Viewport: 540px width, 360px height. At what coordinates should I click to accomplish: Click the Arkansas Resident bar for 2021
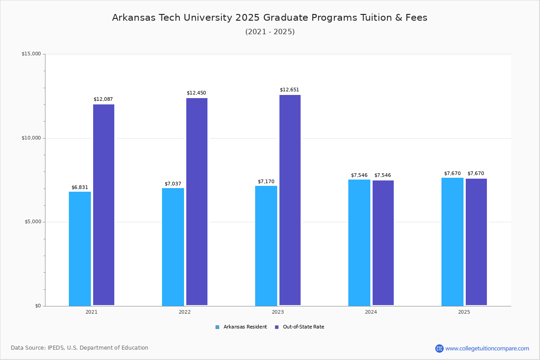tap(80, 248)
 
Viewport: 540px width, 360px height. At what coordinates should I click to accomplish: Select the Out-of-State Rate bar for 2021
tap(103, 205)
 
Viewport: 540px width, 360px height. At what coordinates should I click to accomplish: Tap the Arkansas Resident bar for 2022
tap(173, 247)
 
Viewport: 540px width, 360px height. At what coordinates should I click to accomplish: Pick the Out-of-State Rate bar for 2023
tap(290, 200)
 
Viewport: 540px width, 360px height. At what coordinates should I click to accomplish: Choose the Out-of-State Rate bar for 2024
tap(383, 243)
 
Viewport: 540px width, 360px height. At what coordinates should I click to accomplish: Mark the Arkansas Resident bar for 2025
tap(452, 241)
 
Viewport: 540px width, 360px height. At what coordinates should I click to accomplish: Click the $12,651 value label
tap(289, 90)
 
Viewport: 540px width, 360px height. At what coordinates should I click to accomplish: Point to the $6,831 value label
tap(80, 188)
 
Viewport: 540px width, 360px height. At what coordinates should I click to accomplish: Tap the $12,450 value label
tap(196, 93)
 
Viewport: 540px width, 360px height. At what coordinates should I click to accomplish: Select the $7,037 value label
tap(173, 184)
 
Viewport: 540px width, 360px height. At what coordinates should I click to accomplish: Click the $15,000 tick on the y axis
tap(31, 54)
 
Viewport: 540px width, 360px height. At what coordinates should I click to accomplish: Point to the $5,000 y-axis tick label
tap(32, 222)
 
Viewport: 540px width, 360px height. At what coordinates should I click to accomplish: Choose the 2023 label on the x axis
tap(278, 312)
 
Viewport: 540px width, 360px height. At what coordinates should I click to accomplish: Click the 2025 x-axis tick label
tap(464, 312)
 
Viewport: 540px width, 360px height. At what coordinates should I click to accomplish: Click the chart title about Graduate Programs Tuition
tap(270, 18)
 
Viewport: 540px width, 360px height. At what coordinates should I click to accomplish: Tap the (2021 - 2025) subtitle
tap(270, 32)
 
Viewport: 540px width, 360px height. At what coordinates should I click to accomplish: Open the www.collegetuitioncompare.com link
tap(487, 348)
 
